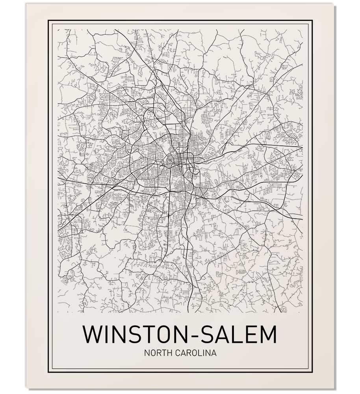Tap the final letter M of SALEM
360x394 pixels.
pos(268,334)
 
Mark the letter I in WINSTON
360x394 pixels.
pos(106,334)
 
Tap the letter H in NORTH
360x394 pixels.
pos(167,353)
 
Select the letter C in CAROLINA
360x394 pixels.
pos(175,353)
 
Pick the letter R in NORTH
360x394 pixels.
pos(156,353)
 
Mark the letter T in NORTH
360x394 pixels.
pos(161,353)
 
